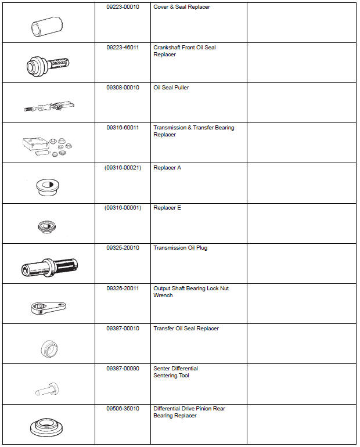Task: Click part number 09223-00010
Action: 123,7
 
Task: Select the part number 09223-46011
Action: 123,48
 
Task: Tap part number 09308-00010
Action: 123,88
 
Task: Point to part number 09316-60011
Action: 123,128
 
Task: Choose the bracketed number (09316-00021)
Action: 123,168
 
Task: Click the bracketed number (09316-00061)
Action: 123,208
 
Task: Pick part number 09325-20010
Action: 123,248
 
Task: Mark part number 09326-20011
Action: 123,288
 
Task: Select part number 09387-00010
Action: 123,329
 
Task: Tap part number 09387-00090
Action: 123,369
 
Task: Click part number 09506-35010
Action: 123,409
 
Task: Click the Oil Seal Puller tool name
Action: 171,88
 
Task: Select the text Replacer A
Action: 167,168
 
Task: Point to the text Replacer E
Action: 167,208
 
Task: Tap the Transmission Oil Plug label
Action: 180,248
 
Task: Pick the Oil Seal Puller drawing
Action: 50,106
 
